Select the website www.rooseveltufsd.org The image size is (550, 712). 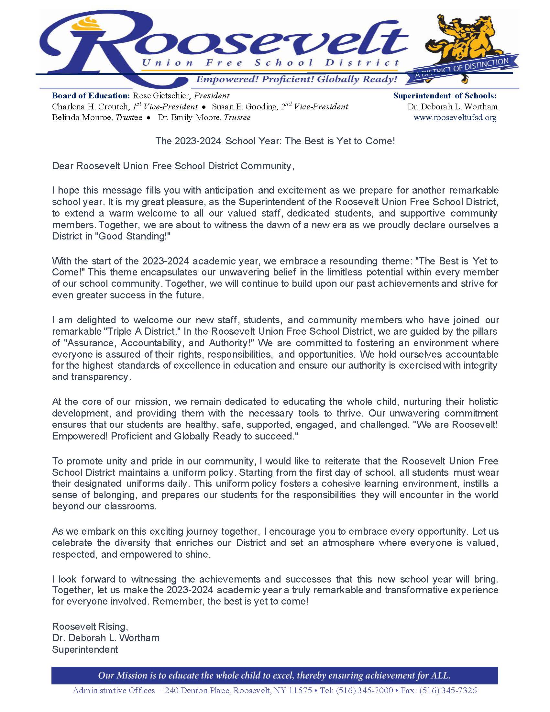(455, 118)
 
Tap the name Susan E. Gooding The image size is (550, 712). (244, 107)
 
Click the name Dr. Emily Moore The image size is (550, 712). (189, 118)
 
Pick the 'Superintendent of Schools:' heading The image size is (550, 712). (445, 96)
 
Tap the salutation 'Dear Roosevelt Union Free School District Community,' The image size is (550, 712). (173, 166)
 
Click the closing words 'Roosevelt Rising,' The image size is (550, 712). (90, 627)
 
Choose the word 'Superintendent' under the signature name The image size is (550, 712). (85, 650)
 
